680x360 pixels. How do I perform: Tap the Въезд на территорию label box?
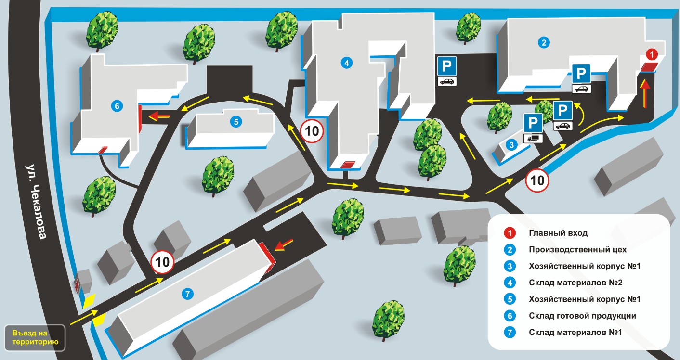(x=35, y=338)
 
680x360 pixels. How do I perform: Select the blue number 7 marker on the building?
(x=187, y=294)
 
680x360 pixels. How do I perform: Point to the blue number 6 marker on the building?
(x=117, y=106)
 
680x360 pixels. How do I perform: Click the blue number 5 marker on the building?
(x=236, y=122)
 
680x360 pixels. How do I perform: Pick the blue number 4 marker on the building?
(x=347, y=63)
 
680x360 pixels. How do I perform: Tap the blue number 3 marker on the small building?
(x=511, y=145)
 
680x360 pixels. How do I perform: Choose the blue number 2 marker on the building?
(x=544, y=42)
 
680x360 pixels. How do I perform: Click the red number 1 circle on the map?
(x=652, y=54)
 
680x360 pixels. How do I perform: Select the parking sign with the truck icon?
(x=533, y=129)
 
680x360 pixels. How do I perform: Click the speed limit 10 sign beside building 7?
(x=162, y=262)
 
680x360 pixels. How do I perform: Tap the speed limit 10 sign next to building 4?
(x=312, y=131)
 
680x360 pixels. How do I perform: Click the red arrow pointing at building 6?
(x=160, y=116)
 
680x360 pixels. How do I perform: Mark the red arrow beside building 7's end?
(x=284, y=244)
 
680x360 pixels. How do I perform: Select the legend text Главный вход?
(x=558, y=233)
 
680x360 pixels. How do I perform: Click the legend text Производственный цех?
(x=577, y=250)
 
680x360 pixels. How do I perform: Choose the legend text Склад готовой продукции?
(x=582, y=316)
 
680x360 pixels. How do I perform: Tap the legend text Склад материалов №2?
(x=575, y=283)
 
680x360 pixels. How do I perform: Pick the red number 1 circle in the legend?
(x=510, y=233)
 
